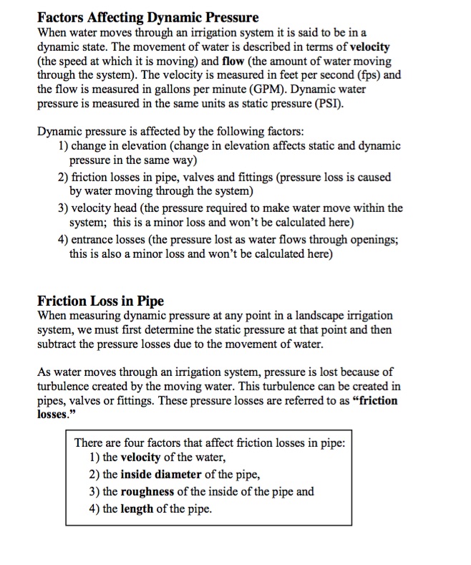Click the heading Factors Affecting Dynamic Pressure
click(147, 17)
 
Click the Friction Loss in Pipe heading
click(100, 301)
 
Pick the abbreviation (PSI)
click(326, 104)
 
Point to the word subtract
click(58, 344)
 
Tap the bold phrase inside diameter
click(161, 474)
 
